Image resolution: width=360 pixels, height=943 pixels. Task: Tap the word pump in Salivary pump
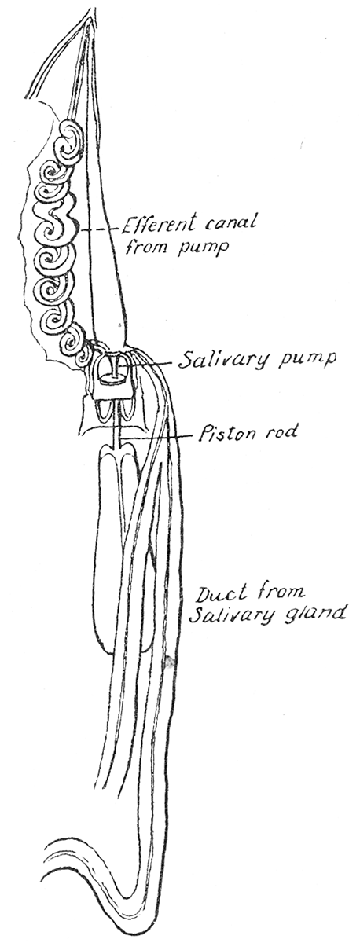coord(306,360)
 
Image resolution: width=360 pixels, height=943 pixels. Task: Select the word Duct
coord(220,594)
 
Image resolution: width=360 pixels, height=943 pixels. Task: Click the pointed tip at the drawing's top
coord(90,17)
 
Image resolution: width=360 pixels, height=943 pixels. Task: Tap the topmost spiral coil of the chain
coord(68,141)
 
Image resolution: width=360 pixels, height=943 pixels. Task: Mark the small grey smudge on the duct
coord(171,662)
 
